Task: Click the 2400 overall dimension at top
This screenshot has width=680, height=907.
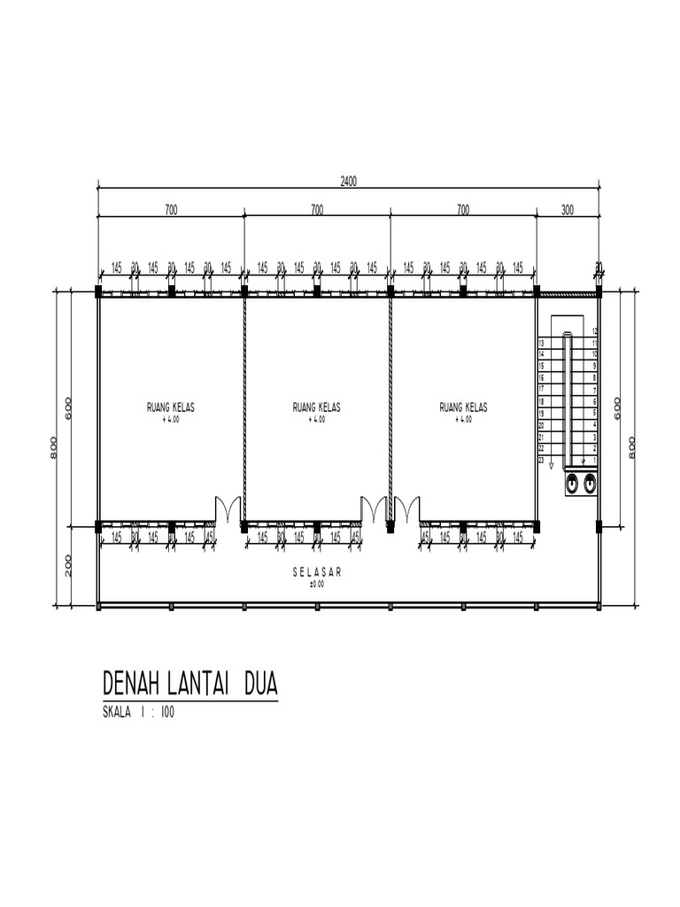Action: (348, 181)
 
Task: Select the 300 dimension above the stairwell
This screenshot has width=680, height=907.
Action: (568, 210)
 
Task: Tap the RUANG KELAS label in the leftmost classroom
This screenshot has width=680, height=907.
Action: (171, 407)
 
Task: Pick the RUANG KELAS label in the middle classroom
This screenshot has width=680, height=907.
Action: (317, 407)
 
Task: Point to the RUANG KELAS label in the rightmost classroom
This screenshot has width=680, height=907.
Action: (463, 407)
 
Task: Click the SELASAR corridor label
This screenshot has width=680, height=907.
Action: (316, 573)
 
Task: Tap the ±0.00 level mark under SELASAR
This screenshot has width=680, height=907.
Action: (316, 584)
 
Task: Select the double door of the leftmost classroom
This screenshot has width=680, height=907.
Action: (228, 510)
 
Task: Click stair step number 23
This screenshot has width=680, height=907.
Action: (541, 461)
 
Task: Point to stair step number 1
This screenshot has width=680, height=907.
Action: (595, 461)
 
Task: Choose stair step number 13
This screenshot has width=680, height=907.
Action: (541, 343)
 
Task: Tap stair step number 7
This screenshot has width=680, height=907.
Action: (595, 390)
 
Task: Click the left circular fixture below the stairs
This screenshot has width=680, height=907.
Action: (573, 484)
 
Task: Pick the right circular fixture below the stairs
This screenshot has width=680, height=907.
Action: (590, 484)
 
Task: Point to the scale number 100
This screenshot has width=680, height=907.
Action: (167, 713)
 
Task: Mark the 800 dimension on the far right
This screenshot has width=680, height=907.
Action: (632, 447)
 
